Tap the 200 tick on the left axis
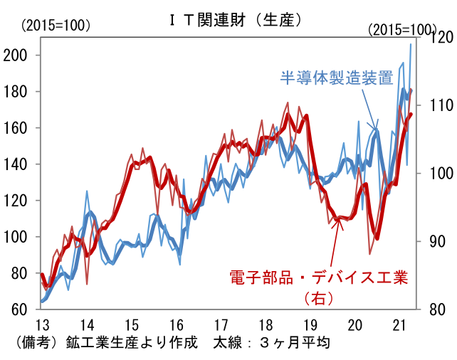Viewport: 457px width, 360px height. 23,55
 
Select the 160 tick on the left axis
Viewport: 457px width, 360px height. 23,128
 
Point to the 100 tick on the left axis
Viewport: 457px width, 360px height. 23,237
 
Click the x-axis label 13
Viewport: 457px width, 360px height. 42,325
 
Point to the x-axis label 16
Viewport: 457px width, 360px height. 177,325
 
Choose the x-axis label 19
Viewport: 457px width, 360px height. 310,325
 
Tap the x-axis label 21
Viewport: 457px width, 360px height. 400,325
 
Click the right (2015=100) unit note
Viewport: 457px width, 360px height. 402,30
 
